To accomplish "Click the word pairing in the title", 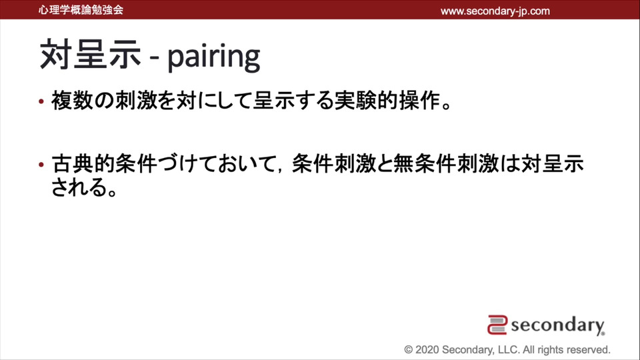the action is [x=214, y=57].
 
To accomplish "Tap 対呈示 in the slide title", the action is [x=90, y=55].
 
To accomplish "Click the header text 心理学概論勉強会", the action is [x=81, y=10].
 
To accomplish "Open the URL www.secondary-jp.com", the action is [x=495, y=11].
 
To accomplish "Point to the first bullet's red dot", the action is [x=41, y=101].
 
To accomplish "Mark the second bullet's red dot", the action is [x=41, y=165].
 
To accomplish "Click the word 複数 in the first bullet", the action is [x=72, y=101].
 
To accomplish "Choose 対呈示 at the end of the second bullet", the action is [x=553, y=164].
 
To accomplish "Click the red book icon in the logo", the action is [x=497, y=325].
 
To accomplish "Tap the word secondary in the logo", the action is [x=557, y=325].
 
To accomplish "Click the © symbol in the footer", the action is [x=409, y=350].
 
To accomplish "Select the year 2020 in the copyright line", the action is [x=427, y=350].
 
